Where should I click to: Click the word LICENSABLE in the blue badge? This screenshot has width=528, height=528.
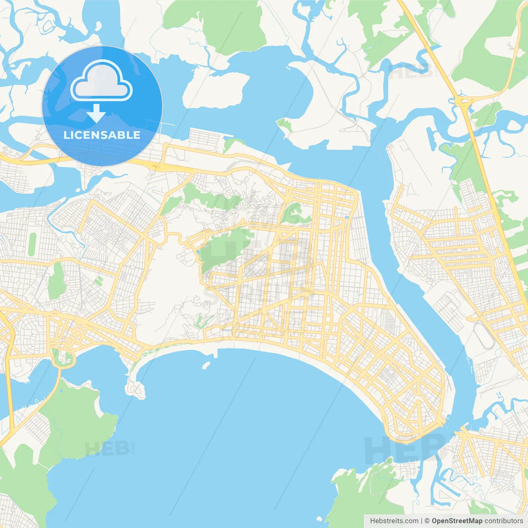click(102, 135)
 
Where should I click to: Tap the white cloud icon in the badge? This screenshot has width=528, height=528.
click(101, 81)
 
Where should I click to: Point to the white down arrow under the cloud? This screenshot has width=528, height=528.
click(96, 113)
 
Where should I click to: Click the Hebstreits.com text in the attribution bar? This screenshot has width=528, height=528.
click(394, 521)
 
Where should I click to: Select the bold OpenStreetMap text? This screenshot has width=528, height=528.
click(457, 521)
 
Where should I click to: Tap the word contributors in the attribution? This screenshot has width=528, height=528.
click(504, 521)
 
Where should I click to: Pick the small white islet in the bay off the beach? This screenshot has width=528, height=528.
click(205, 365)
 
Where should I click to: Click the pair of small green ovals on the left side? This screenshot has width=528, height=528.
click(98, 281)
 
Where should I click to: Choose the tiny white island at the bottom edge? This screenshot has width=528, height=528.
click(318, 519)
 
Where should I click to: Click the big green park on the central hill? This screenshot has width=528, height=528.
click(225, 247)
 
